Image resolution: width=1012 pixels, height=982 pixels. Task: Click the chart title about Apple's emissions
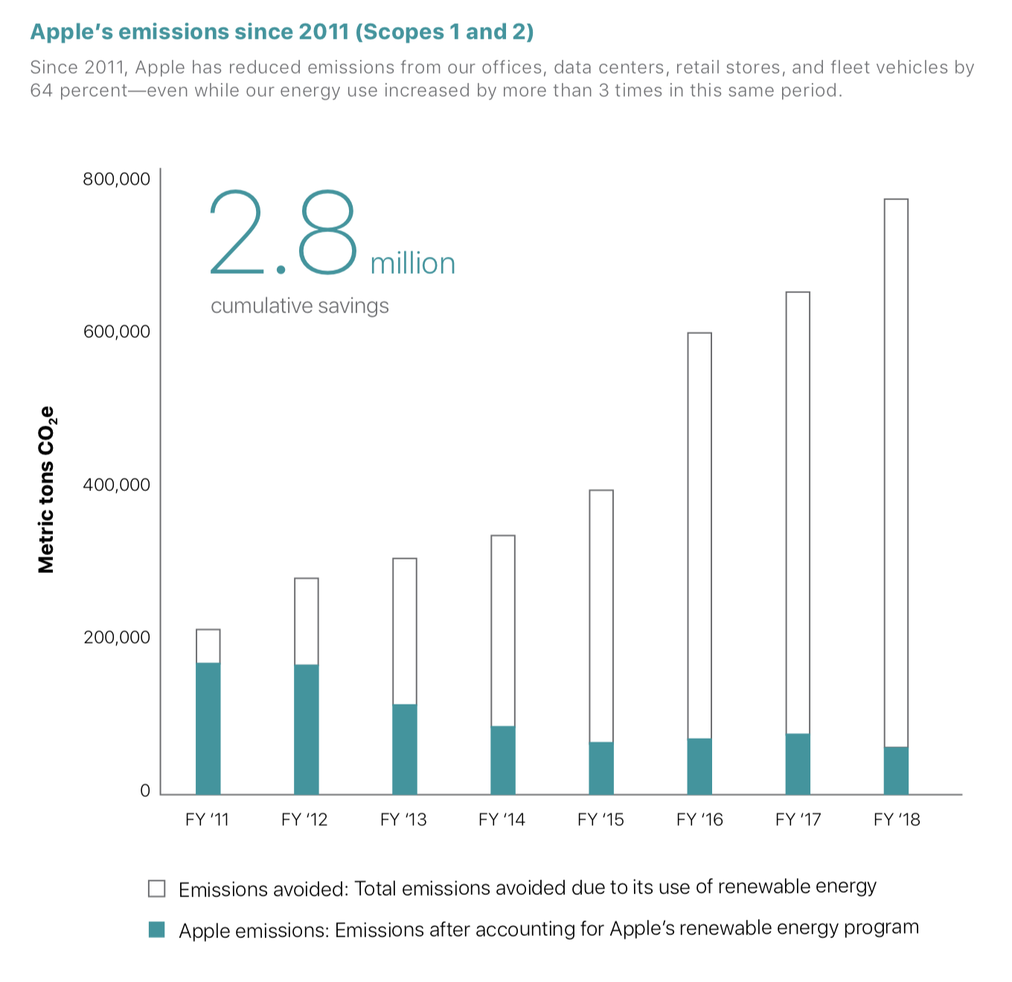tap(281, 32)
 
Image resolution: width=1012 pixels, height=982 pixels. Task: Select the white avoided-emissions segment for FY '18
tap(896, 472)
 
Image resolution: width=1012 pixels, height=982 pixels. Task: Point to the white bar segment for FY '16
tap(699, 536)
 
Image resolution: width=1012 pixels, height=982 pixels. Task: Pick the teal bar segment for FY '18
tap(896, 770)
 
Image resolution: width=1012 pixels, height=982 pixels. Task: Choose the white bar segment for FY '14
tap(502, 630)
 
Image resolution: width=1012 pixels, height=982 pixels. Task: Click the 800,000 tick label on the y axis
tap(116, 179)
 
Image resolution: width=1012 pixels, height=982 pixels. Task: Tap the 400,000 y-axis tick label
tap(116, 485)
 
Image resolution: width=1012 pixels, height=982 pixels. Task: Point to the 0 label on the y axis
tap(145, 791)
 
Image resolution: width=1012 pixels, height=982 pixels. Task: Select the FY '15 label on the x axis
tap(601, 820)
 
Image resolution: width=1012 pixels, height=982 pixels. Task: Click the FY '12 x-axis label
tap(304, 820)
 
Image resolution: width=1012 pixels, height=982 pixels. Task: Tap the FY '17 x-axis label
tap(798, 820)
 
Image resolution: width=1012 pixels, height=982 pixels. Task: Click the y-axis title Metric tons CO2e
tap(47, 490)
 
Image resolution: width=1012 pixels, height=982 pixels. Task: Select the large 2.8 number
tap(284, 232)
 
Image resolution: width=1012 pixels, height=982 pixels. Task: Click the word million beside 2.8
tap(412, 264)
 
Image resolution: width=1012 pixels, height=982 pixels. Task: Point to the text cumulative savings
tap(299, 306)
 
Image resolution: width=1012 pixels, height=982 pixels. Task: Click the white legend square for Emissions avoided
tap(156, 888)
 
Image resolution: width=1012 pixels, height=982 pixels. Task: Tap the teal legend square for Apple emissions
tap(156, 929)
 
